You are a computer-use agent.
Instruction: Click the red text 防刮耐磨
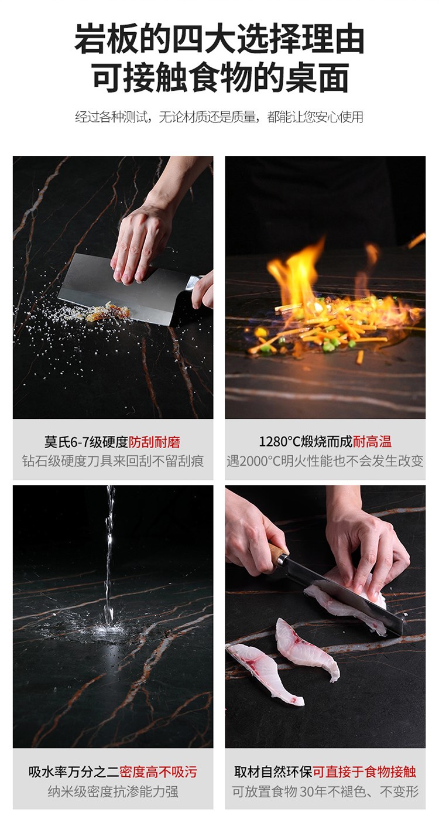pos(154,442)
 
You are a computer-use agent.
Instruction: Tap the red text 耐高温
pos(372,441)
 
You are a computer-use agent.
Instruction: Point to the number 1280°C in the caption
pos(280,442)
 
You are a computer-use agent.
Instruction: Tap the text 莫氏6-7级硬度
pos(86,442)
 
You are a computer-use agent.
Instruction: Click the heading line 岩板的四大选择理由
pos(220,38)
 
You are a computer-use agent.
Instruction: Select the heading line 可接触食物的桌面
pos(220,77)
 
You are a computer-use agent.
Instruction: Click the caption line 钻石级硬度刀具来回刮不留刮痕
pos(113,461)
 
